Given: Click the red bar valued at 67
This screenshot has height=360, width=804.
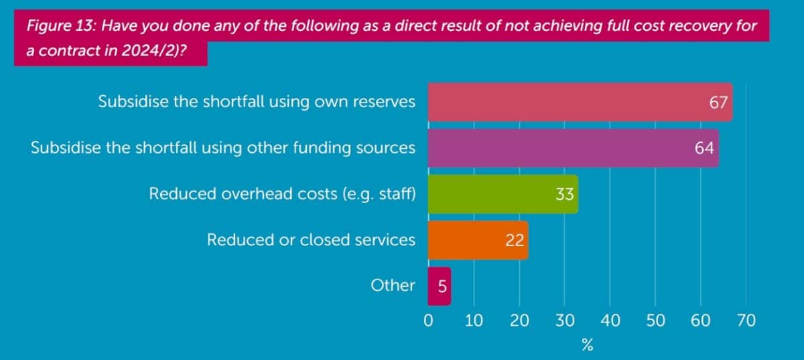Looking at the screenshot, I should point(569,103).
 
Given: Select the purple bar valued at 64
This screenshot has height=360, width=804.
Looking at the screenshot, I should point(563,148).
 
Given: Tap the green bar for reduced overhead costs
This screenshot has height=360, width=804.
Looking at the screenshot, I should point(496,194).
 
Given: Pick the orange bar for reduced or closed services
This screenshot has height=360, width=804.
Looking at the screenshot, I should point(469,240).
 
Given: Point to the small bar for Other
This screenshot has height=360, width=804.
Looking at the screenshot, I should point(440,286).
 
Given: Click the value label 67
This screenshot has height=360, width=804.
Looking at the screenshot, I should point(718,103).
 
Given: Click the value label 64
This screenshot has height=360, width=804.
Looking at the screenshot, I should point(704,148).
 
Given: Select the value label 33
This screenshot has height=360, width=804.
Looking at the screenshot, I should point(563,194).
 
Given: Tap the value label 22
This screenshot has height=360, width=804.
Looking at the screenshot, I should point(515,240).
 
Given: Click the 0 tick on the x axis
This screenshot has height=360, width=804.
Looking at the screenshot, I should point(428,320).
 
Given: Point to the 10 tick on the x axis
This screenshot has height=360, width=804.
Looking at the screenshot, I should point(474,320).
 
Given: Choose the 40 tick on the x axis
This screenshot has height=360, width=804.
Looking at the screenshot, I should point(610,320).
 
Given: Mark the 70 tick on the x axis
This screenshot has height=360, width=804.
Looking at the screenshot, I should point(746,320).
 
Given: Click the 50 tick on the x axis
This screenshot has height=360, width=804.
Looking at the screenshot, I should point(655,320).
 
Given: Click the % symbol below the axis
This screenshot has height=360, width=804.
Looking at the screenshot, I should point(587,345).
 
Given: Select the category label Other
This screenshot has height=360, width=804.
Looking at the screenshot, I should point(393,285).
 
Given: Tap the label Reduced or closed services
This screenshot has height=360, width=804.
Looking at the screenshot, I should point(311,239).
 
